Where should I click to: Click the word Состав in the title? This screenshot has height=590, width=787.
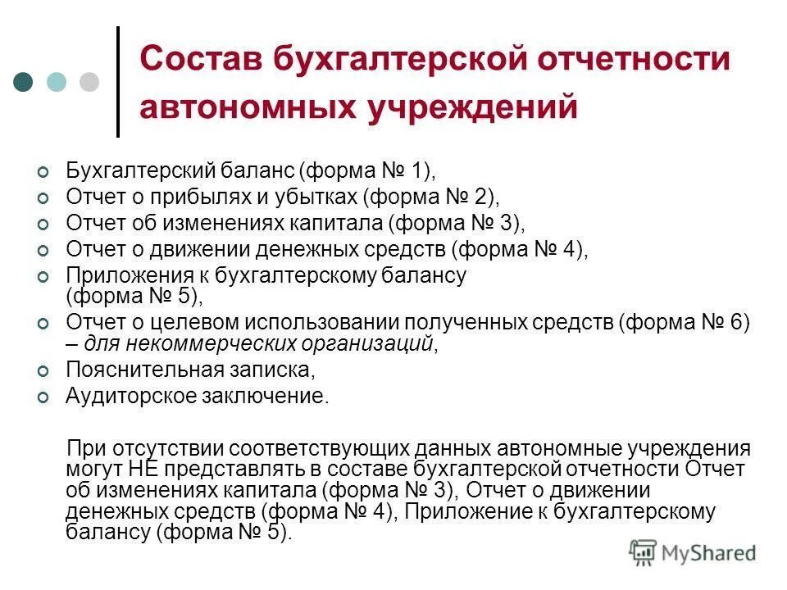tap(197, 60)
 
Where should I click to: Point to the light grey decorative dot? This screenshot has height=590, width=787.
tap(89, 82)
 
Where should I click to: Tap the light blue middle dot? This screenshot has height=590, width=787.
tap(57, 82)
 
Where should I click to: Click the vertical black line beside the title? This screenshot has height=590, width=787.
tap(118, 82)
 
